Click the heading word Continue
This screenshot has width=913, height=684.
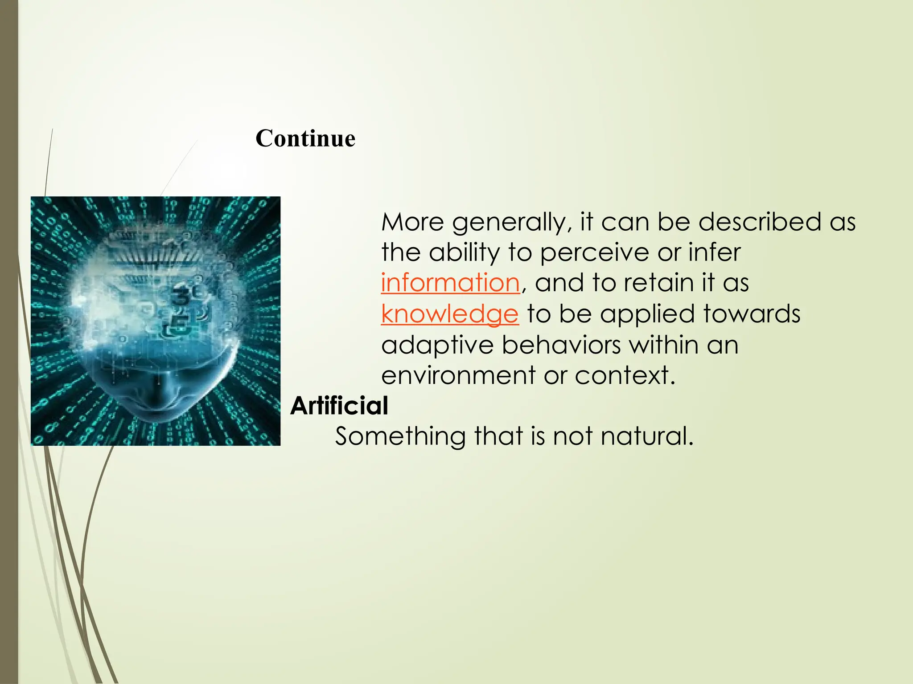[x=305, y=138]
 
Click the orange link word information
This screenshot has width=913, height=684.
[x=450, y=283]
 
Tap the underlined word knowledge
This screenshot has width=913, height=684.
[x=450, y=314]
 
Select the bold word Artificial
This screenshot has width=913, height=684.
[x=339, y=406]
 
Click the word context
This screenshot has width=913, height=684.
[x=625, y=375]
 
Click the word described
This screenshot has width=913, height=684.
[x=759, y=222]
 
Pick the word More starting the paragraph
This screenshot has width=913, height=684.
[x=412, y=222]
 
